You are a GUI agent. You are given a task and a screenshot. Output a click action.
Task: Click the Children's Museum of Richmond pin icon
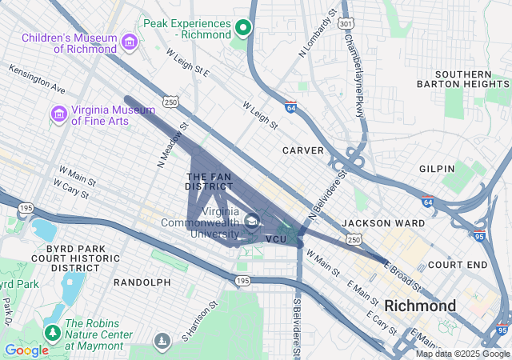[x=129, y=41]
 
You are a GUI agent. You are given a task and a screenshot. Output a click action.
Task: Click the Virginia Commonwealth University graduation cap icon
[x=251, y=221]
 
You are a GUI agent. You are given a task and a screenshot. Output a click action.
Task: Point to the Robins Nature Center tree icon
[x=53, y=332]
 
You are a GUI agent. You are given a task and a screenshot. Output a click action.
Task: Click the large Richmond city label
[x=420, y=306]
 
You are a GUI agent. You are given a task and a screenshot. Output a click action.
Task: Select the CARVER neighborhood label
[x=303, y=150]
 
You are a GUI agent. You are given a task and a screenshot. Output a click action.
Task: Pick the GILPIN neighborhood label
[x=436, y=169]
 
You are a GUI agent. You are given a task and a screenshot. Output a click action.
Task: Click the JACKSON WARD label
[x=378, y=222]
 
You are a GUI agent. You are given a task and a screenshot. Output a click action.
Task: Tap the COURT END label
[x=458, y=264]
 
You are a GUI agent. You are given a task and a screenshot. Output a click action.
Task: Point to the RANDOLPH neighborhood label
[x=142, y=282]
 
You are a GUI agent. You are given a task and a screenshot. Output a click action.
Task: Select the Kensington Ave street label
[x=37, y=76]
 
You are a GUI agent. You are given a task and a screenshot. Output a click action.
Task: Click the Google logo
[x=26, y=350]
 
